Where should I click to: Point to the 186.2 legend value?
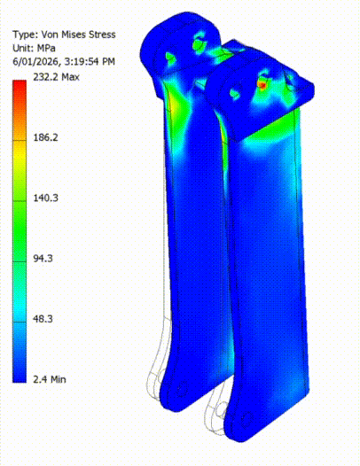pyautogui.click(x=44, y=138)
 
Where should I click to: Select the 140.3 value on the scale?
pyautogui.click(x=44, y=198)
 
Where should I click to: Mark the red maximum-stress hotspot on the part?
pyautogui.click(x=262, y=83)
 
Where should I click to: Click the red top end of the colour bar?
pyautogui.click(x=19, y=85)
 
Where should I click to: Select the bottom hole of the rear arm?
pyautogui.click(x=183, y=388)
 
